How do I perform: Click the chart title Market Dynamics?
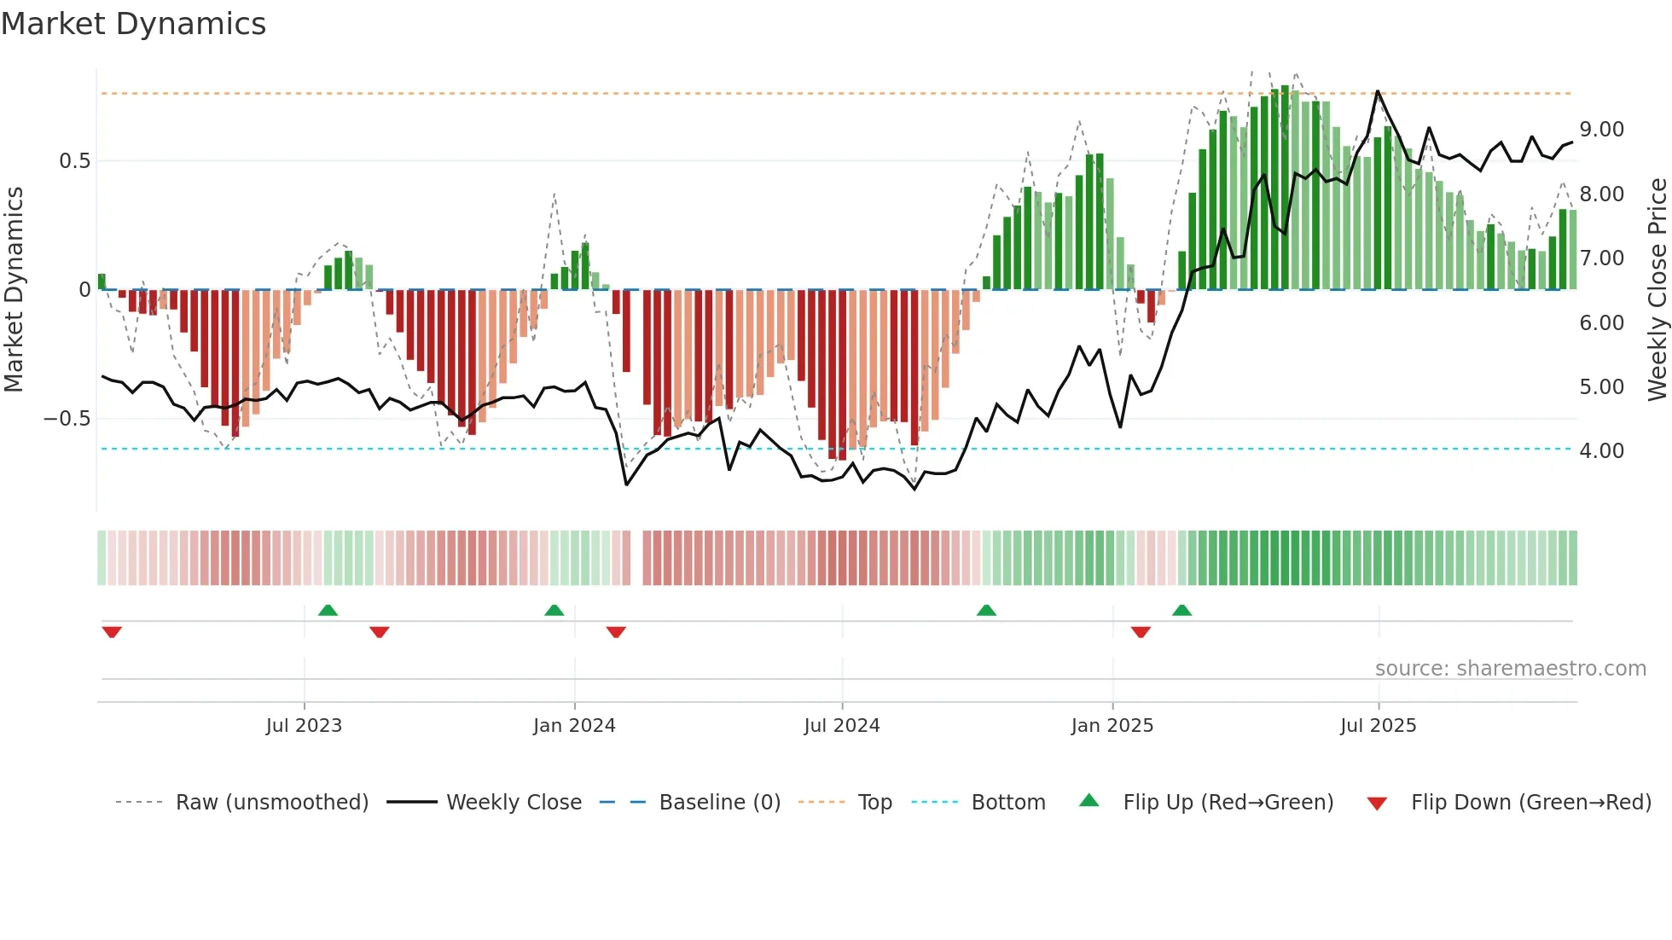click(133, 24)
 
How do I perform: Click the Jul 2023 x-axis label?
click(304, 725)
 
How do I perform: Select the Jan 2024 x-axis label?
click(574, 725)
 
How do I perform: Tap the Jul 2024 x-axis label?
click(842, 725)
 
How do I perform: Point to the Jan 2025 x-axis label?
click(1112, 725)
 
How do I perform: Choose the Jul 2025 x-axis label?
click(1379, 725)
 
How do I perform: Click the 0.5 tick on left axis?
click(74, 161)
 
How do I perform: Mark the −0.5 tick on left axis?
click(67, 419)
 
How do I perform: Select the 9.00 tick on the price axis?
click(1601, 130)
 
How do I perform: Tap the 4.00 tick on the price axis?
click(1601, 451)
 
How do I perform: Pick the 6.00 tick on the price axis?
click(1601, 323)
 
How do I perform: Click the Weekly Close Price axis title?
click(1657, 290)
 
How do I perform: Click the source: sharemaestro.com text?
click(1510, 669)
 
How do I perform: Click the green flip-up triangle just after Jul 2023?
click(328, 610)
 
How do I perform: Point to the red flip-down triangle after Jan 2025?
click(1141, 632)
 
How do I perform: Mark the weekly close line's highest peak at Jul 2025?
click(1377, 91)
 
